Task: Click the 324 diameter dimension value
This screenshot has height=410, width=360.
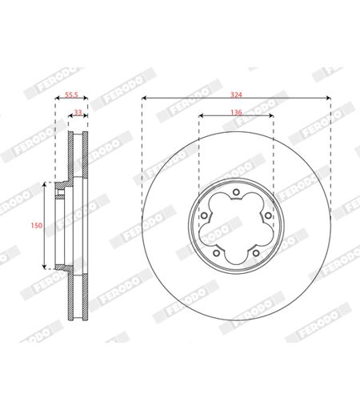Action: [236, 94]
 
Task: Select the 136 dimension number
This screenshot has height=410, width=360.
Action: [236, 112]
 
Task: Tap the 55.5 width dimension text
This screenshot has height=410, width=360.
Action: [71, 94]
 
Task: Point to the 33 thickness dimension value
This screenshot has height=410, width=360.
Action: [78, 112]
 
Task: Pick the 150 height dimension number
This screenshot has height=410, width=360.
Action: [37, 226]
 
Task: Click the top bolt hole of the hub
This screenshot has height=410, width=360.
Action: [236, 192]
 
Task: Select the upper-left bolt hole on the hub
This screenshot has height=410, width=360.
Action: [204, 215]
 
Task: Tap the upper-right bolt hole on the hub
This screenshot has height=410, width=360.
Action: [268, 215]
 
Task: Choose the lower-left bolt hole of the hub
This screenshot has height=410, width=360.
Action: [217, 253]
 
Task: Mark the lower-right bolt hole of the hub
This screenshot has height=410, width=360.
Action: [256, 253]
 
